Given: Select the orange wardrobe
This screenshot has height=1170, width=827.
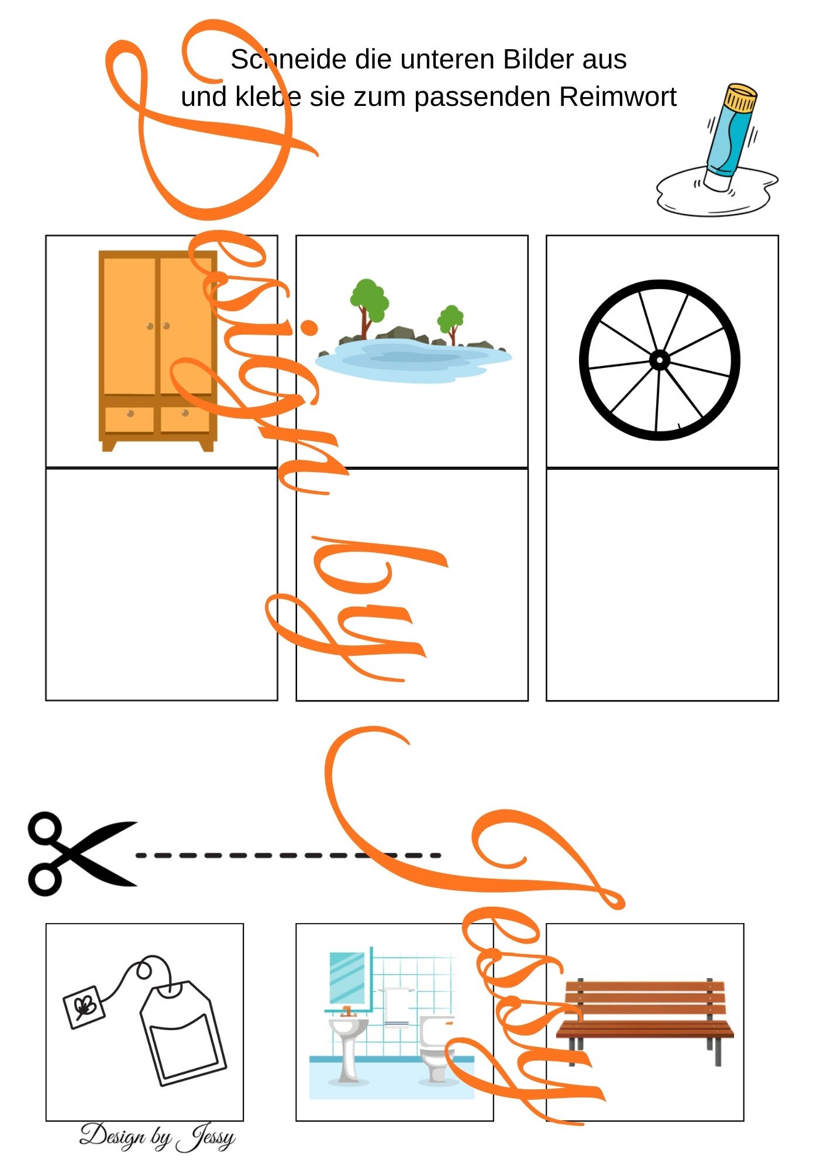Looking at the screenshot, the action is pos(157,351).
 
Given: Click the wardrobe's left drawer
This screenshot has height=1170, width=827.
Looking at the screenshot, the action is pos(130,419).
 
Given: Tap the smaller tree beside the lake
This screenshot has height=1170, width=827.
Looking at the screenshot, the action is pos(450,324).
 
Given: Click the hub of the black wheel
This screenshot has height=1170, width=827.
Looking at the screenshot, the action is pos(660,360).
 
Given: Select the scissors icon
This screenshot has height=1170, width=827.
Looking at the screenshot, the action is pos(82,854).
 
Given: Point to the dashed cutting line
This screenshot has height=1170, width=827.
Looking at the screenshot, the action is pos(288,855).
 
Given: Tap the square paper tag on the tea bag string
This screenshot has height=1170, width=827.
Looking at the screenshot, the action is pos(84,1007).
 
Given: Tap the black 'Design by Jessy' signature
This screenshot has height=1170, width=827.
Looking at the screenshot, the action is pos(157,1137).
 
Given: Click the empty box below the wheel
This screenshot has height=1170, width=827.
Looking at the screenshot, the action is pos(662,584).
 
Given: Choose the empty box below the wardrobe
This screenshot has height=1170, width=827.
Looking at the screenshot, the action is pos(161,584).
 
